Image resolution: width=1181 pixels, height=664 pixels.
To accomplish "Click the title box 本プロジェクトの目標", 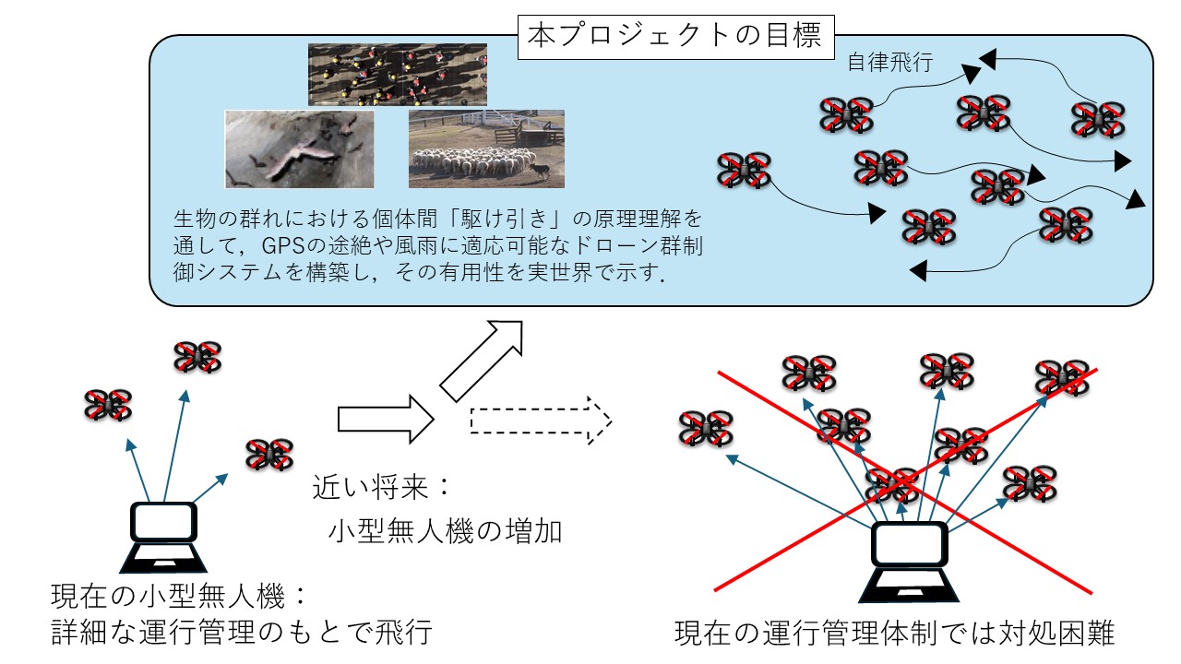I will pos(676,36).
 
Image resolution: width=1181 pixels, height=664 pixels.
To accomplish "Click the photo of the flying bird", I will pos(300,149).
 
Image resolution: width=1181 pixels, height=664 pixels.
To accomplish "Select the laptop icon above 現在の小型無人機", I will pos(162,537).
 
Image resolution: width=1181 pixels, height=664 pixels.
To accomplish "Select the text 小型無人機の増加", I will pos(444,531).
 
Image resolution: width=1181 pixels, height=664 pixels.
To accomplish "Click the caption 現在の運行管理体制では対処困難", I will pos(895,634).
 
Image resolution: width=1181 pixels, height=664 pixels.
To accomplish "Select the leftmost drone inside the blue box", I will pos(744,171).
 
